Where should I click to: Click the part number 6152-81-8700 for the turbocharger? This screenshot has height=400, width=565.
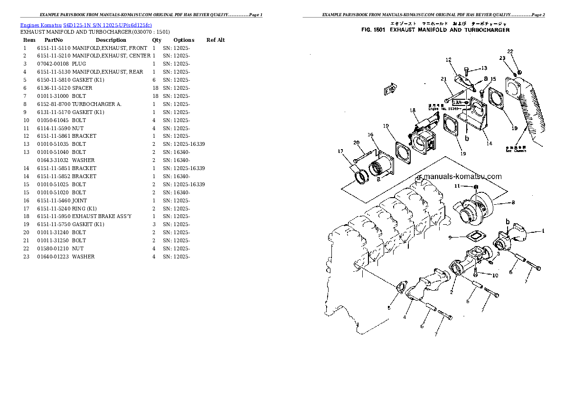coord(54,104)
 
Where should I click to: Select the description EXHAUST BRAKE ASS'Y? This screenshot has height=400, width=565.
coord(95,217)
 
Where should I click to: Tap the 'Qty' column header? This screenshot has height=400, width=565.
coord(156,40)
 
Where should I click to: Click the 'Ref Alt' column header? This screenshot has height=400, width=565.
coord(216,40)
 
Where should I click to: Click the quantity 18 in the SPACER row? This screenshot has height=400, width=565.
coord(155,88)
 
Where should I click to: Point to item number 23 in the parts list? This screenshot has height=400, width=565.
coord(26,257)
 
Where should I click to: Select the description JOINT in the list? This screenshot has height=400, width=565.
coord(79,200)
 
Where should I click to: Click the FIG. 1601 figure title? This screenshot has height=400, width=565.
coord(435,30)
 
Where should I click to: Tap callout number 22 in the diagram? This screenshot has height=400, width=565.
coord(510,51)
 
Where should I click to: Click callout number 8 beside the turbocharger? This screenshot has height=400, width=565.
coord(512,202)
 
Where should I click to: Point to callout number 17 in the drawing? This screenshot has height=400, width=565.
coord(340,152)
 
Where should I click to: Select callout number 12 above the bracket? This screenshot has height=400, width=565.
coord(448,60)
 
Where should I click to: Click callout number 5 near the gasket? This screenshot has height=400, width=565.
coord(389,308)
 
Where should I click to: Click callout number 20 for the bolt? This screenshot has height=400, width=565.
coord(356,143)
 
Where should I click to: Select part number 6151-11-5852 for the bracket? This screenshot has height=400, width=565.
coord(54,176)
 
